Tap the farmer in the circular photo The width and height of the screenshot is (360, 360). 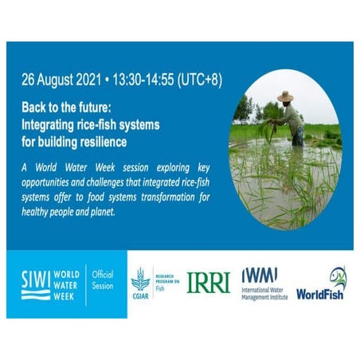(x=288, y=118)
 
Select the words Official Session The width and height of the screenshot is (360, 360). (x=104, y=280)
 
